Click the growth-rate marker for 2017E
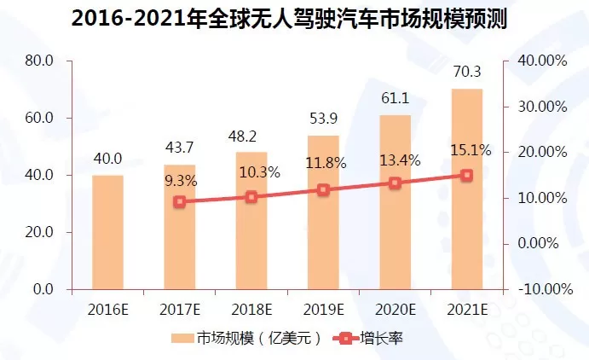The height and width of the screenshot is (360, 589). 179,201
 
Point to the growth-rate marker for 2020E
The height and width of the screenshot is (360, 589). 395,183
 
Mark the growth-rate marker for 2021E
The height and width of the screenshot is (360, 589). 466,175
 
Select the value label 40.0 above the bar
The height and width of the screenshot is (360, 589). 107,159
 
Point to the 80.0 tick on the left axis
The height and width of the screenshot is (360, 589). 39,61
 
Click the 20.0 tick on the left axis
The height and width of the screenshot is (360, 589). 39,232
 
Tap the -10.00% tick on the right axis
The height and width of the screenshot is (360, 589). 541,289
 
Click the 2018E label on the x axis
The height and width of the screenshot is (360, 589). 251,308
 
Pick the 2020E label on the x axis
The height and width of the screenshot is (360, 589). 395,308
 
